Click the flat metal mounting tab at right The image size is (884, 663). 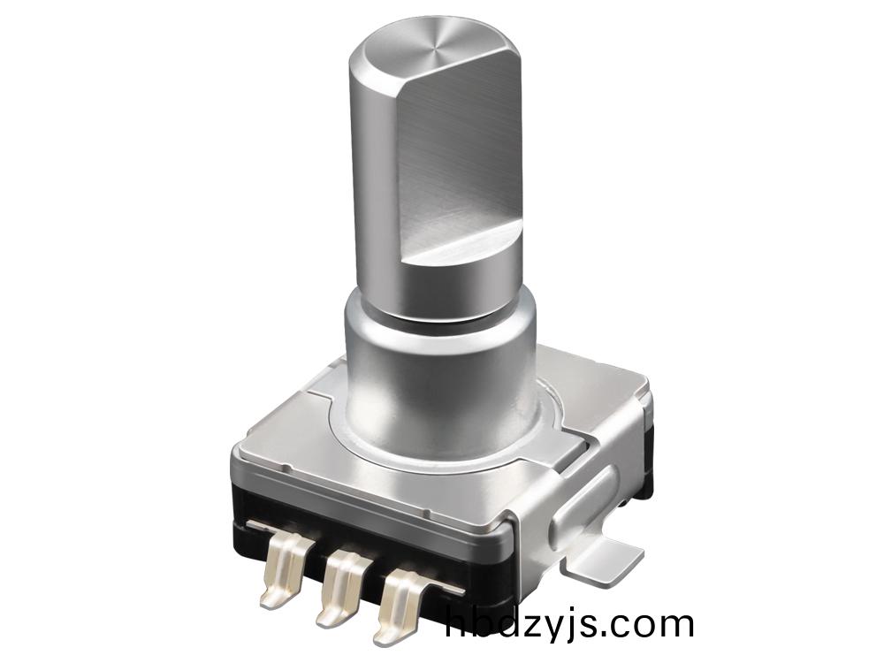pyautogui.click(x=612, y=558)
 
